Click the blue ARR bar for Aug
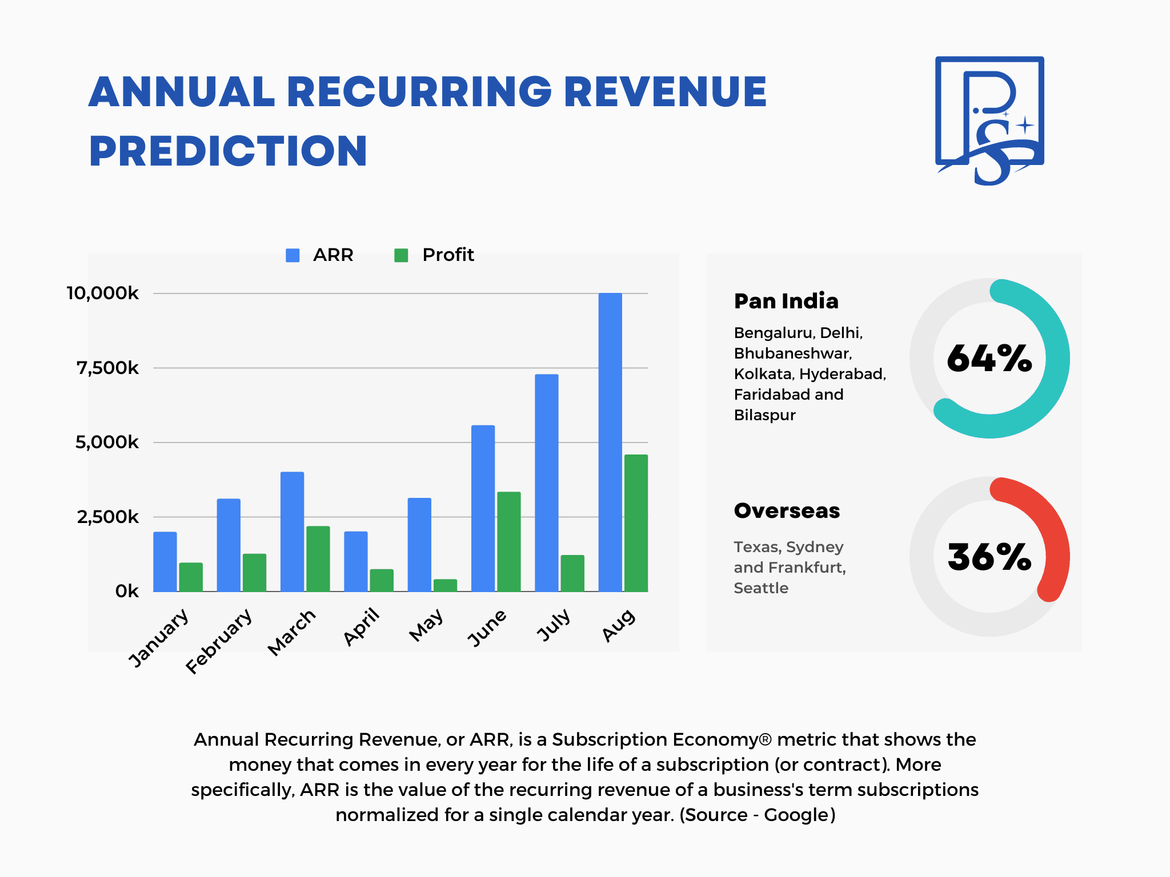[610, 442]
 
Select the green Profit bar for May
[445, 585]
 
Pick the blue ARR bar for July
[547, 483]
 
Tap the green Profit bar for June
[509, 541]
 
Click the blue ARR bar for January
[165, 562]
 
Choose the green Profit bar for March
[318, 558]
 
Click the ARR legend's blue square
[292, 255]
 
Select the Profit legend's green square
[402, 255]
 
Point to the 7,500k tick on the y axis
[107, 368]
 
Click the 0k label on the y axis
[127, 591]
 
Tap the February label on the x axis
[219, 641]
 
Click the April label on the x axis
[362, 626]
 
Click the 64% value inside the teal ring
[989, 359]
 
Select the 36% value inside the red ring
[989, 557]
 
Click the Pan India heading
[786, 301]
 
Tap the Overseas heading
[787, 510]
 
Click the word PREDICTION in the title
[228, 151]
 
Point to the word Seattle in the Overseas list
[761, 588]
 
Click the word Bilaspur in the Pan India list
[764, 415]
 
